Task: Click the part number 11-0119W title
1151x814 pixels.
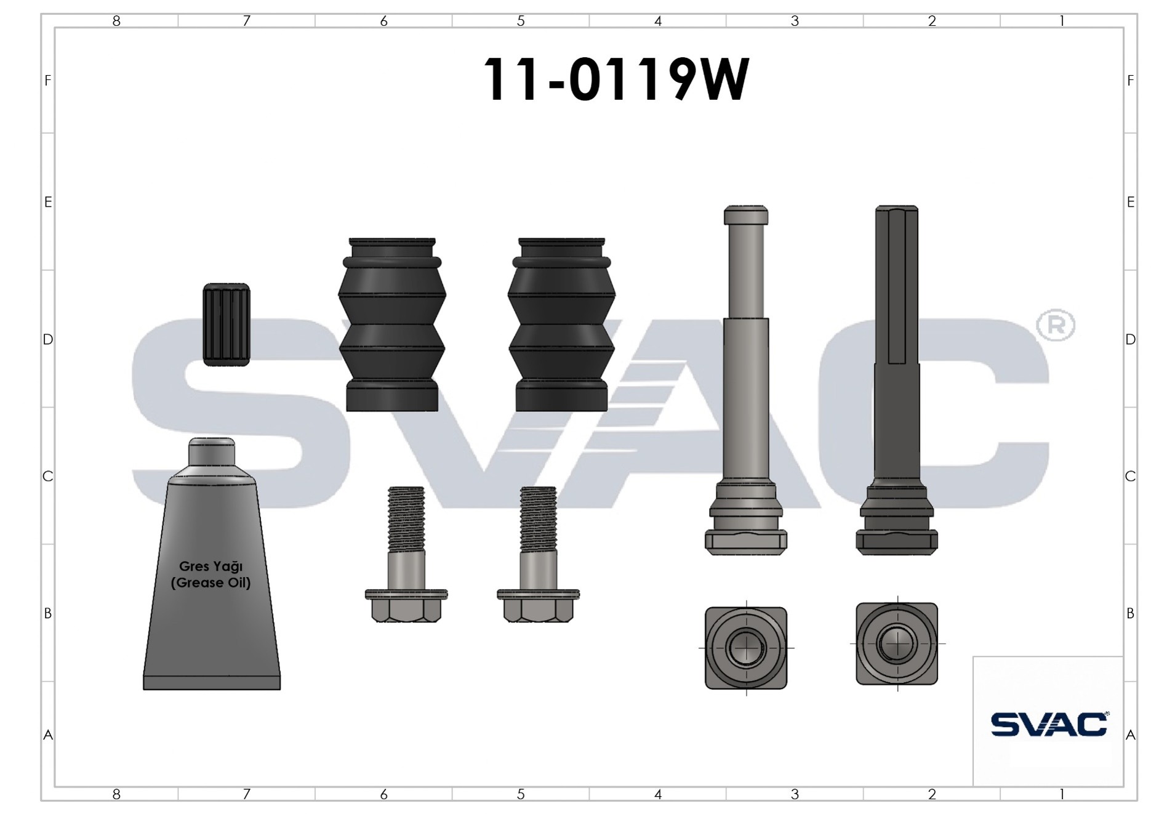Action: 616,79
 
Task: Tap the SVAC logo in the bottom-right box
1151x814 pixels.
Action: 1049,724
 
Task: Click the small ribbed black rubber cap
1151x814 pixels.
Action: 227,324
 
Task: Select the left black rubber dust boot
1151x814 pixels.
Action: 392,324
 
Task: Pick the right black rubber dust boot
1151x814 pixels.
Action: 561,324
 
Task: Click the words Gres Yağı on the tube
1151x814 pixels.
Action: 211,566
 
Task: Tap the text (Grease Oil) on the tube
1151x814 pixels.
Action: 211,582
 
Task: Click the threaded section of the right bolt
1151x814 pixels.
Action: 539,519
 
